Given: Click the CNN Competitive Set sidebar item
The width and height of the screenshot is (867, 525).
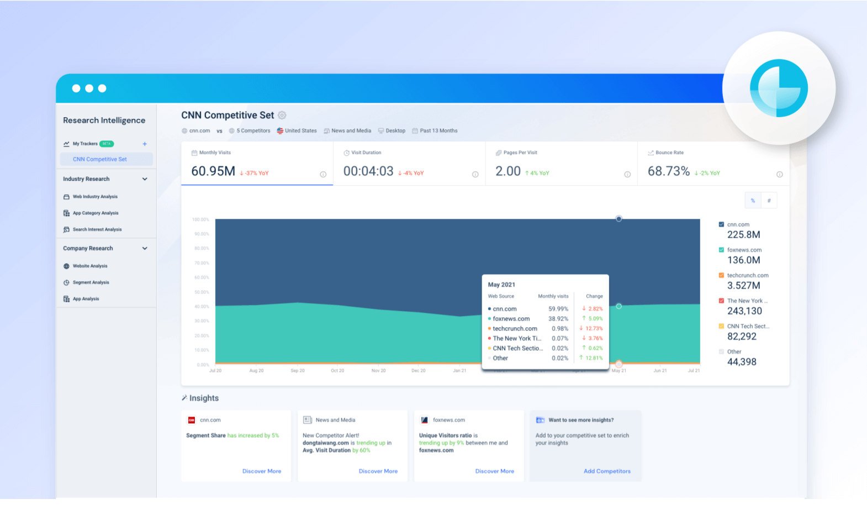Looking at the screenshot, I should (x=100, y=159).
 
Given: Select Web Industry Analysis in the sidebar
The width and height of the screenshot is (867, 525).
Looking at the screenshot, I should (x=95, y=197).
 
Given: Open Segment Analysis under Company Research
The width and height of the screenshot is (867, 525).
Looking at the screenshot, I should (x=91, y=282).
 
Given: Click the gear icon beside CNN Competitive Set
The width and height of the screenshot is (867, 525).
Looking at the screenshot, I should (x=282, y=115).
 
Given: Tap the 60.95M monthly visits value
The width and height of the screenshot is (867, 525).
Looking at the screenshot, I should (x=213, y=171).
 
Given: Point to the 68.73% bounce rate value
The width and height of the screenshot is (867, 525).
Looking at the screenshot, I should (x=668, y=171).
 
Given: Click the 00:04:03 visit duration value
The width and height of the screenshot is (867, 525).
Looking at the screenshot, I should (x=368, y=171).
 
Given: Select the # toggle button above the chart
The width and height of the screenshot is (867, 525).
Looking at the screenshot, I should (x=769, y=201).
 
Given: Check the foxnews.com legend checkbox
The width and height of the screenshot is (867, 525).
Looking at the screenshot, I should (x=721, y=250).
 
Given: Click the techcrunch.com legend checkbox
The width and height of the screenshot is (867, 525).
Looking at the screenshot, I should (x=721, y=275).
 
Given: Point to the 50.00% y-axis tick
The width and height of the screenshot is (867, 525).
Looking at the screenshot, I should (x=201, y=292).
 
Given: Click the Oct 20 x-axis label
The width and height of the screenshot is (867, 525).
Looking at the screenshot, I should (x=337, y=371).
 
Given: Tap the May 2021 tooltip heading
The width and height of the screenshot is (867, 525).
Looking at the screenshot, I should (x=501, y=285).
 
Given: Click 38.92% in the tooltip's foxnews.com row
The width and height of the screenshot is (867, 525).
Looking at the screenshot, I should (x=558, y=319).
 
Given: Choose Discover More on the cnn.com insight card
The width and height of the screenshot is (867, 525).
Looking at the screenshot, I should (x=262, y=471).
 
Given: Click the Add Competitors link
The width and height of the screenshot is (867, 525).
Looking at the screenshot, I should (x=607, y=471).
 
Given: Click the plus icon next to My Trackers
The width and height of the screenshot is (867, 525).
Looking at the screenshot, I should (x=145, y=144).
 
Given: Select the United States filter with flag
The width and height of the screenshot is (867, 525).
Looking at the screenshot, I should (x=297, y=131).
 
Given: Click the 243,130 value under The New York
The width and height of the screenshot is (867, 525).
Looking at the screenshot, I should (x=744, y=311).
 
